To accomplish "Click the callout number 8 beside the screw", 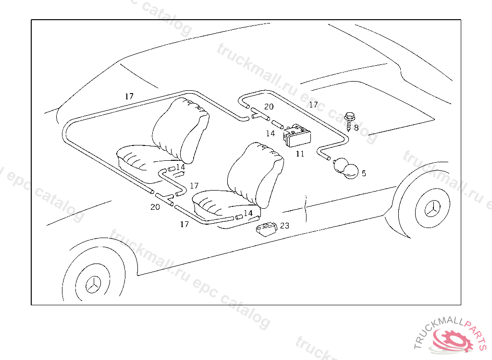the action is (x=356, y=128).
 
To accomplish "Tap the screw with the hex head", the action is (x=349, y=121).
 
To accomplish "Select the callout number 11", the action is (x=300, y=154).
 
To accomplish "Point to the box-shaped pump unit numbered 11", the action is (x=297, y=135).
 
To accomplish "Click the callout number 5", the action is (x=364, y=173).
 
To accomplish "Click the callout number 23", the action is (x=284, y=226).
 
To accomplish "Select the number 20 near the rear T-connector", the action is (x=269, y=107).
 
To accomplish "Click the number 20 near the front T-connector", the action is (x=155, y=207).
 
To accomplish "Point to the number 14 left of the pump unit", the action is (x=270, y=133).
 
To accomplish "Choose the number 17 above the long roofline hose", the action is (x=129, y=96).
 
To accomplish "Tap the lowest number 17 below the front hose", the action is (x=184, y=224).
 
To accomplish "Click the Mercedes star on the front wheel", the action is (x=93, y=285).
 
